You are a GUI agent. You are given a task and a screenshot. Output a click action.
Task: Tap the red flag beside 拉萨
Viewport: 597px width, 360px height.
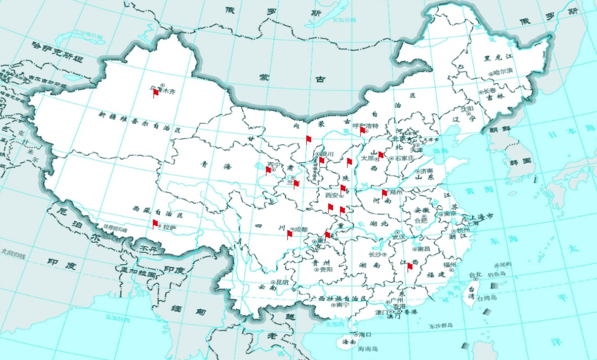[155, 223]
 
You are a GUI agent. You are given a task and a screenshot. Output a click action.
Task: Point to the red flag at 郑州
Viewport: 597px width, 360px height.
[384, 192]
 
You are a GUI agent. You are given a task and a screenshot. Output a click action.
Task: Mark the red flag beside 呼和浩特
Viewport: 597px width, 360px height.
[362, 130]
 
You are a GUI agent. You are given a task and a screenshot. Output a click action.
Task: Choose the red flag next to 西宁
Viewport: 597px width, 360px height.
[268, 171]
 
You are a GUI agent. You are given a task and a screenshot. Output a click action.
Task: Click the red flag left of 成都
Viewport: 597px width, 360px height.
[290, 234]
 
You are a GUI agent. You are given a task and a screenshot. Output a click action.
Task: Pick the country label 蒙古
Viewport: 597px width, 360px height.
[286, 78]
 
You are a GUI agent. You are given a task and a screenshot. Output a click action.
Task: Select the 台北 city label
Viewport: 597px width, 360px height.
[476, 275]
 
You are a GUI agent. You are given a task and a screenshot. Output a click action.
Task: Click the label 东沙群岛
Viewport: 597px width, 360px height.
[440, 326]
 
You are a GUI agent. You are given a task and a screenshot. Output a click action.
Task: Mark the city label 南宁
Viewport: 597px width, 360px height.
[342, 306]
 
